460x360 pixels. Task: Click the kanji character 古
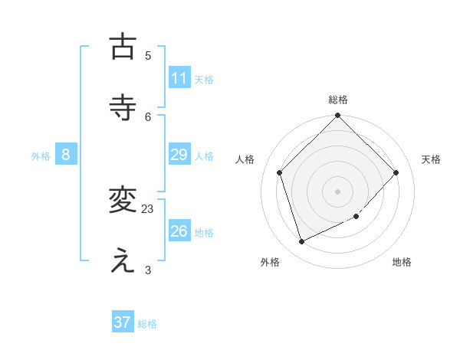click(123, 47)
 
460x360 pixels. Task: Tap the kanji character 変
click(123, 200)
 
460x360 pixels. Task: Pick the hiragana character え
click(123, 261)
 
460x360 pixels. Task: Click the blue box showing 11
click(179, 78)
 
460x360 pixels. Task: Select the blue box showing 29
click(179, 155)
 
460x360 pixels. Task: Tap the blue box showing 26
click(179, 231)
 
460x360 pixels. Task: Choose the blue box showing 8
click(66, 155)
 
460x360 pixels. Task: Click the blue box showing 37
click(123, 322)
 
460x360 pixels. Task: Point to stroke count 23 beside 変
click(148, 208)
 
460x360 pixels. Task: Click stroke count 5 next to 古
click(148, 55)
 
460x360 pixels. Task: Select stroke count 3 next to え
click(148, 270)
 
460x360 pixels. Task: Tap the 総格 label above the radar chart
click(338, 100)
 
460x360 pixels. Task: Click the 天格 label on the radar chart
click(432, 159)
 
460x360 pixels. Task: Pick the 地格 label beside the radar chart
click(402, 262)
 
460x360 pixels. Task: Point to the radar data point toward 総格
click(338, 116)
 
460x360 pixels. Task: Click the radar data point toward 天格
click(396, 172)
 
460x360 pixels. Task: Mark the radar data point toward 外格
click(302, 242)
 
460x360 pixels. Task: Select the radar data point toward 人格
click(280, 172)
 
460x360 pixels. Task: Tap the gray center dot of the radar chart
click(338, 191)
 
